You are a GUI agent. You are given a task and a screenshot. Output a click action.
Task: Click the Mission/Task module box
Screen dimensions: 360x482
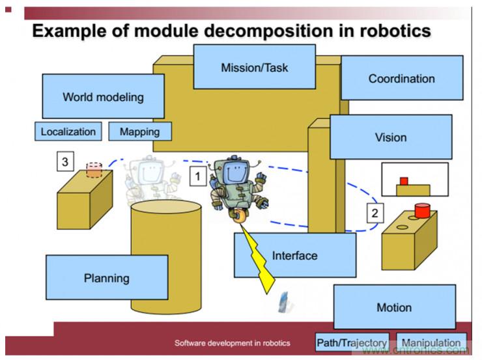tap(254, 67)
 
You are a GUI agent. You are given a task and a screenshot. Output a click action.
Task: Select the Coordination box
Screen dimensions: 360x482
tap(401, 78)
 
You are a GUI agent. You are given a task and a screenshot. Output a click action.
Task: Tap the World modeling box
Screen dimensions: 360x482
tap(103, 96)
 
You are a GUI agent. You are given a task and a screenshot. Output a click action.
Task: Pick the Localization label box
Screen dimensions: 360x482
tap(68, 132)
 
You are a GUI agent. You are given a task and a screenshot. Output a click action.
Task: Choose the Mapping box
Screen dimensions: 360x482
tap(139, 132)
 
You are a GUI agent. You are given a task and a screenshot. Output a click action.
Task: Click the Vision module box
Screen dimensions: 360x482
tap(390, 137)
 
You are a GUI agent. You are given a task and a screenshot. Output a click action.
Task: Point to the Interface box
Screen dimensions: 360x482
tap(295, 255)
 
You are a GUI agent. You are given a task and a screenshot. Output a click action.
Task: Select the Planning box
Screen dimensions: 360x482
tap(107, 278)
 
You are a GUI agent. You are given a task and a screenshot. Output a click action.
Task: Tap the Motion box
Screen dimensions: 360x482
tap(394, 307)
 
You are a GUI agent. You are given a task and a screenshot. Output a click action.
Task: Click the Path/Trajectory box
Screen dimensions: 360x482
tap(352, 343)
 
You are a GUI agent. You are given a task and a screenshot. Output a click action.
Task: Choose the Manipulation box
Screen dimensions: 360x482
tap(431, 343)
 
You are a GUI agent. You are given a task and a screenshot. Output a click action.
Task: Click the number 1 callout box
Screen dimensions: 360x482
tap(198, 175)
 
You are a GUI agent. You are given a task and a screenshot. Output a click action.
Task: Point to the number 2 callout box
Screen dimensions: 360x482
tap(374, 212)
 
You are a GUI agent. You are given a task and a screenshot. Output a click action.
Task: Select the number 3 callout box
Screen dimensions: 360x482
tap(64, 161)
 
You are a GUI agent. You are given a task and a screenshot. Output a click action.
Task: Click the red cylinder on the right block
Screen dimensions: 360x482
tap(423, 211)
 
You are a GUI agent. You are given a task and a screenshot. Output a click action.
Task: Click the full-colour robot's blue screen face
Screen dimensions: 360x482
tap(235, 171)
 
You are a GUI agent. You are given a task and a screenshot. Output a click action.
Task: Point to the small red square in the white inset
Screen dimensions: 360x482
tap(404, 180)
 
